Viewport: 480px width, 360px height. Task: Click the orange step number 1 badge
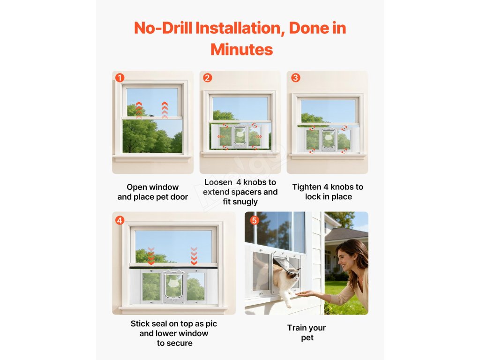[x=120, y=78]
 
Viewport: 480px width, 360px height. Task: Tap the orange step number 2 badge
[x=207, y=78]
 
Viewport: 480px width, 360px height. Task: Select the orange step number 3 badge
[x=295, y=78]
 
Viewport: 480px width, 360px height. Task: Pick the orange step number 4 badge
[x=120, y=220]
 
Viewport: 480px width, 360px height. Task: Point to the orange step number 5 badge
[x=255, y=220]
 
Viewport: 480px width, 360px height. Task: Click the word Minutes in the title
[x=241, y=50]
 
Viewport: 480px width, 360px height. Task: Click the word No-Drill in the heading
[x=163, y=28]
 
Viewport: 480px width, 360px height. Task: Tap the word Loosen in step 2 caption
[x=218, y=182]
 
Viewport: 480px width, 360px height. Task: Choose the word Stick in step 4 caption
[x=140, y=324]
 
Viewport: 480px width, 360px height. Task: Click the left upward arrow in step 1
[x=139, y=110]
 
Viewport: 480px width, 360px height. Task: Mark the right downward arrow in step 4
[x=194, y=256]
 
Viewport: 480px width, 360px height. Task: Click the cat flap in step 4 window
[x=173, y=285]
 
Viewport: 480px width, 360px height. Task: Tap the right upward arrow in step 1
[x=165, y=110]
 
